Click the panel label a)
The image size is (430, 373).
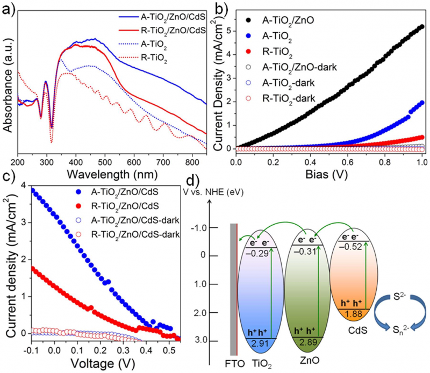[7, 7]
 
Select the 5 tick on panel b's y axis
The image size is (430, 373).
[227, 31]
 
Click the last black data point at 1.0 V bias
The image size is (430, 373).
[422, 26]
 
